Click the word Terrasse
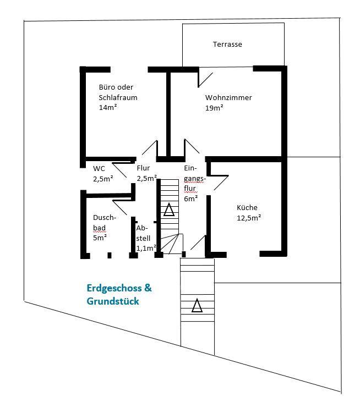[x=227, y=45]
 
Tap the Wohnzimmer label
[x=228, y=97]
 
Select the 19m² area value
[x=214, y=108]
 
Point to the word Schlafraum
[x=118, y=97]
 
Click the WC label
[x=99, y=168]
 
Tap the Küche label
[x=247, y=207]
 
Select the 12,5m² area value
[x=249, y=218]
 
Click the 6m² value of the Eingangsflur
[x=191, y=199]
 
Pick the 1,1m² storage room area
[x=146, y=249]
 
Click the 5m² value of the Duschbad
[x=100, y=238]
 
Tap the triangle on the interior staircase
[x=169, y=209]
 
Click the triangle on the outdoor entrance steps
[x=197, y=305]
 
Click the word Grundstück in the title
[x=113, y=301]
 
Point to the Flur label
[x=143, y=168]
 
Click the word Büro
[x=107, y=87]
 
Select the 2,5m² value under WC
[x=103, y=179]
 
